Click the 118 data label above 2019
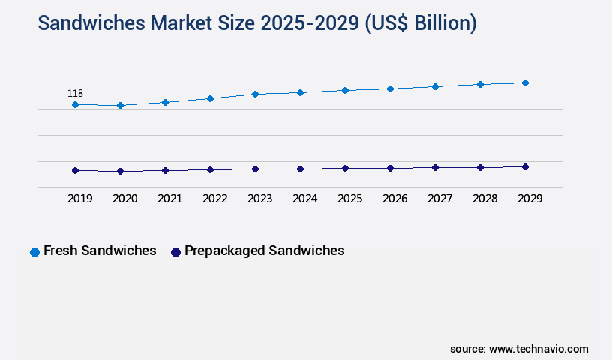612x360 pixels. pyautogui.click(x=75, y=94)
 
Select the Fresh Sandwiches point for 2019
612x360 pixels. pyautogui.click(x=75, y=105)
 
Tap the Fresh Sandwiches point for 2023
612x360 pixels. pyautogui.click(x=255, y=94)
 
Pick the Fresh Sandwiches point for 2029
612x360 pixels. pyautogui.click(x=525, y=82)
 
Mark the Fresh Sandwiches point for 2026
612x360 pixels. pyautogui.click(x=390, y=88)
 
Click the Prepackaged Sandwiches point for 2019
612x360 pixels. pyautogui.click(x=75, y=170)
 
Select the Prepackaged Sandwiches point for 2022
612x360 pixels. pyautogui.click(x=210, y=169)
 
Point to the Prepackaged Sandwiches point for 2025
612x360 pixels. pyautogui.click(x=345, y=168)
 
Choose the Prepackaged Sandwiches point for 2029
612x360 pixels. pyautogui.click(x=525, y=166)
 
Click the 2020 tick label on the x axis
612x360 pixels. pyautogui.click(x=124, y=199)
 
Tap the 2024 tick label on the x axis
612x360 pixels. pyautogui.click(x=304, y=199)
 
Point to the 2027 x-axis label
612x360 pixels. pyautogui.click(x=439, y=199)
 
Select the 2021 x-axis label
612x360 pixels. pyautogui.click(x=169, y=199)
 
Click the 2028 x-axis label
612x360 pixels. pyautogui.click(x=484, y=199)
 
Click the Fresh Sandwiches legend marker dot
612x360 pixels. pyautogui.click(x=34, y=252)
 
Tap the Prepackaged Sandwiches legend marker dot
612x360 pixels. pyautogui.click(x=175, y=252)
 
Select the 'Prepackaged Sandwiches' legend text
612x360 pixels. pyautogui.click(x=264, y=250)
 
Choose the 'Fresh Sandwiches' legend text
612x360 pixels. pyautogui.click(x=100, y=250)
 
